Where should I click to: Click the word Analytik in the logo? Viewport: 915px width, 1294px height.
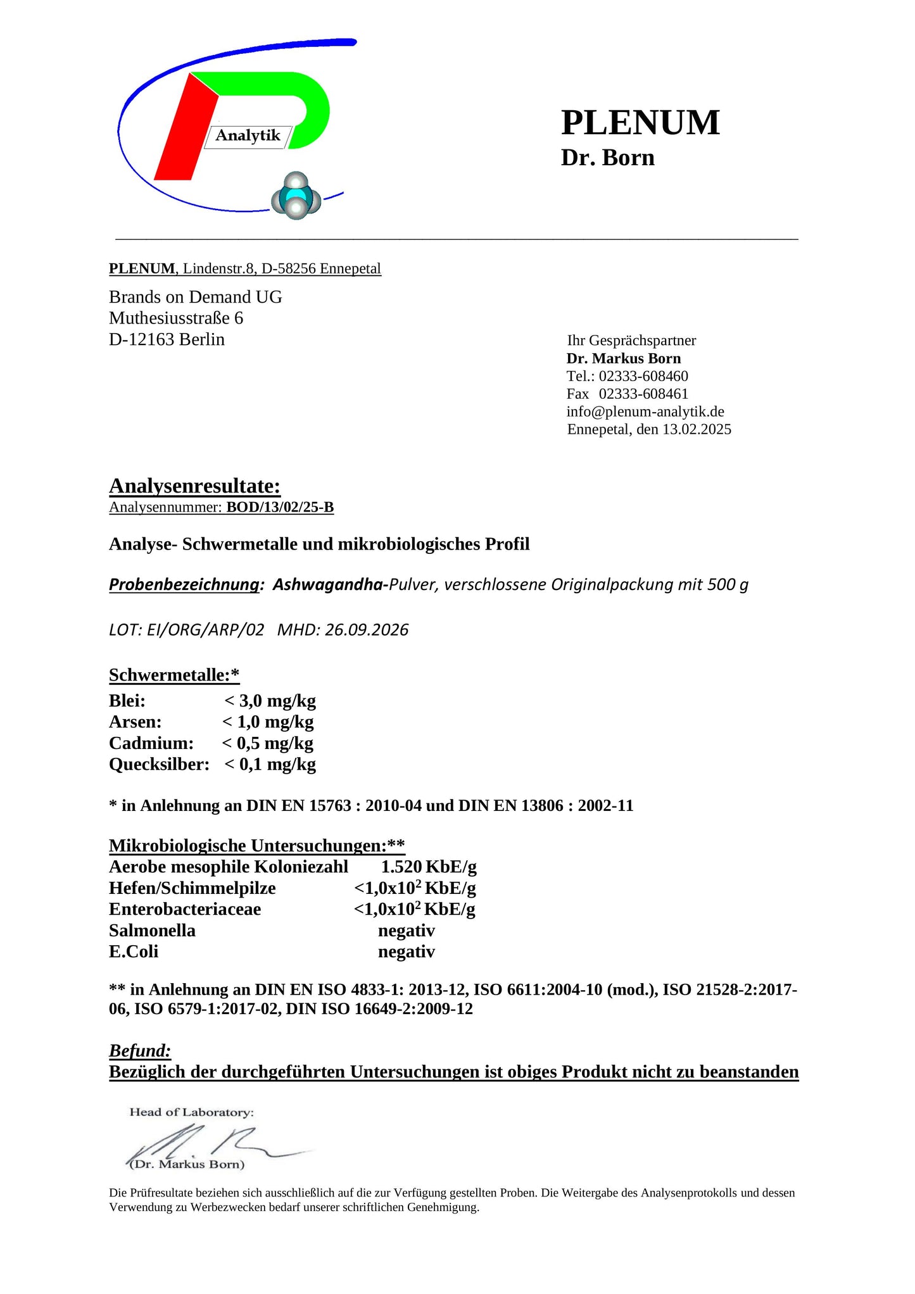click(x=248, y=135)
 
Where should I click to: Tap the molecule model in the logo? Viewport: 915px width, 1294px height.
click(x=296, y=196)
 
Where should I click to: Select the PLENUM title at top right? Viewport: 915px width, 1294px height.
click(x=640, y=122)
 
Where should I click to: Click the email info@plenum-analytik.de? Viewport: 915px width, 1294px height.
click(x=645, y=411)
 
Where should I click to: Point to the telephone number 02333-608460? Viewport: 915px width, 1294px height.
click(x=643, y=376)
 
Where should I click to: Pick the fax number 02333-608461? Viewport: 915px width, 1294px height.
click(x=643, y=394)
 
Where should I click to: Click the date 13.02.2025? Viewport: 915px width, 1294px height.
click(x=697, y=429)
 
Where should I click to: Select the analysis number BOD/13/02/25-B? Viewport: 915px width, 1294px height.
click(x=280, y=507)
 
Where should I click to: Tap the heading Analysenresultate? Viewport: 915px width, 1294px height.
click(x=194, y=486)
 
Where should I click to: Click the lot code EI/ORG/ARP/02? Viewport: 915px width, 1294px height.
click(x=205, y=630)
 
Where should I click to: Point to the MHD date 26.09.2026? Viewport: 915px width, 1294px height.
click(x=367, y=630)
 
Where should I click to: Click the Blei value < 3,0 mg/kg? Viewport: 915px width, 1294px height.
click(x=270, y=701)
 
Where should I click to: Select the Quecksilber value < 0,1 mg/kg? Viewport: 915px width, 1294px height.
click(x=270, y=765)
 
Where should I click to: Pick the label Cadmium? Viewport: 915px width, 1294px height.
click(x=151, y=743)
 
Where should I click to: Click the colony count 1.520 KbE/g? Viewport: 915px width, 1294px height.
click(x=429, y=867)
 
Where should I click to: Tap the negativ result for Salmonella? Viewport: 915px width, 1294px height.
click(x=407, y=931)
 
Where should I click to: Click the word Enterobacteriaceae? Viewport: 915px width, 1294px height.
click(x=185, y=909)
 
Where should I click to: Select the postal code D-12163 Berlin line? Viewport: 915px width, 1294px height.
click(x=167, y=339)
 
